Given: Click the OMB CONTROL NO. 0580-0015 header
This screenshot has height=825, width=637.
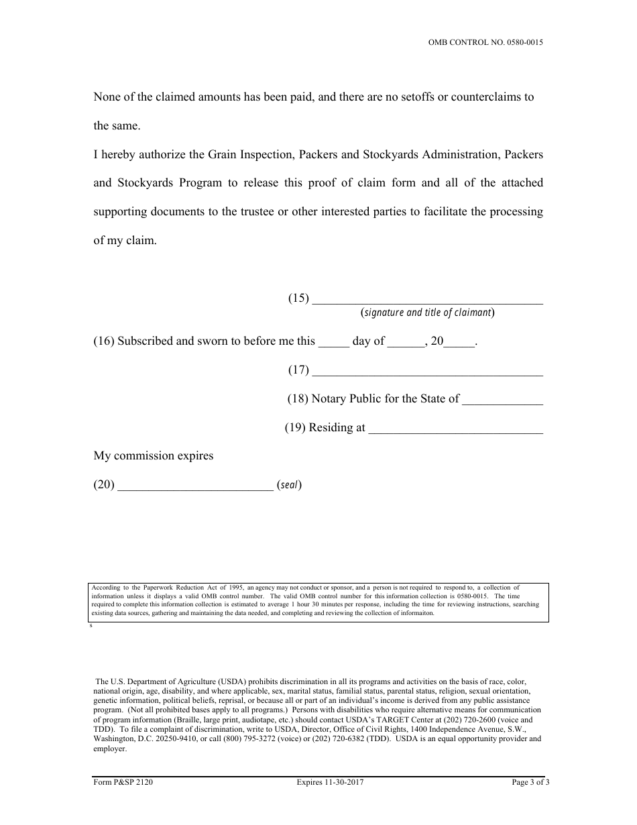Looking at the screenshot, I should (486, 42).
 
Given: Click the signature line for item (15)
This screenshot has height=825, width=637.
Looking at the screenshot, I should (428, 300).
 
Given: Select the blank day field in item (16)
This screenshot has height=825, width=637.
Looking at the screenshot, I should (333, 343).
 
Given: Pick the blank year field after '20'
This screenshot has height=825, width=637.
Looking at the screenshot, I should (459, 343).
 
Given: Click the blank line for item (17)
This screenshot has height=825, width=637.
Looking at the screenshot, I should (428, 372).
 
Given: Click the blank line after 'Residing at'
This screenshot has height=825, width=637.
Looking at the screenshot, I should (456, 429).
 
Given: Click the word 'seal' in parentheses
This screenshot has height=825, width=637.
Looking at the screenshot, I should (289, 486).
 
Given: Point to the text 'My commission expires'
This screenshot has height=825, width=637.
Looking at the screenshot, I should (154, 456).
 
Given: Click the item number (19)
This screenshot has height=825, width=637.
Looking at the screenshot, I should (295, 428).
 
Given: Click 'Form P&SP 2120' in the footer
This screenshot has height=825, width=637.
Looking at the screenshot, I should (119, 782).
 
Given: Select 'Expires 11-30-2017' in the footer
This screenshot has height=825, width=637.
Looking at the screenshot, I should (330, 782).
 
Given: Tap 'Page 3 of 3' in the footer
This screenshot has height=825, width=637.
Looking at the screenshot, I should (530, 782).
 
